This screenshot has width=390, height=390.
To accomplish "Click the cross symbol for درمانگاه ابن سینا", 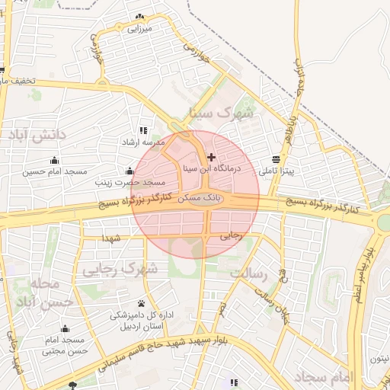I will click(211, 157).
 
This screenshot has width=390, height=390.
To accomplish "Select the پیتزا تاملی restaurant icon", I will click(275, 159).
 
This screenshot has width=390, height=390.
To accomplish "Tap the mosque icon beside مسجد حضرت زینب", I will click(129, 171).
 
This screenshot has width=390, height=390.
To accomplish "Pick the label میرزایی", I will click(140, 28).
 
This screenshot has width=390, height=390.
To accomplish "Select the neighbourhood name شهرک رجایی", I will click(118, 268).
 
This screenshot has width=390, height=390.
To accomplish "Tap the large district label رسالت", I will click(250, 273).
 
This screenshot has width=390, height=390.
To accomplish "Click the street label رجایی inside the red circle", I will click(230, 236).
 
